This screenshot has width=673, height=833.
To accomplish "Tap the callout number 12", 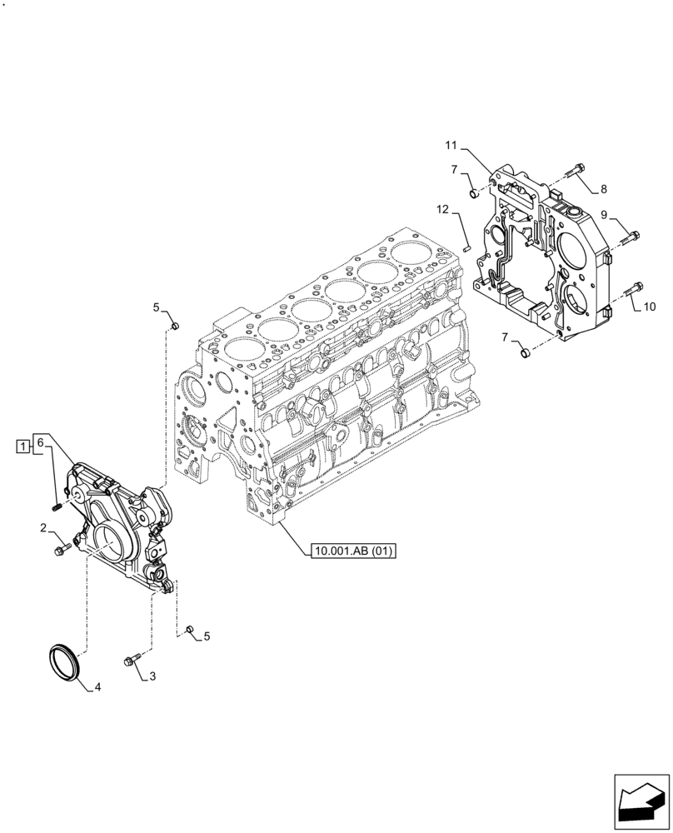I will [x=443, y=209].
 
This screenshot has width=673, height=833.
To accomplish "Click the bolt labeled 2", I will [x=63, y=550].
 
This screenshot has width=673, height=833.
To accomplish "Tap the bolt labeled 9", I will [x=630, y=240].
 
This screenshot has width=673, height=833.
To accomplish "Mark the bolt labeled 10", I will [x=631, y=288].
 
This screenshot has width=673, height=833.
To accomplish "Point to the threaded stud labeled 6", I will [x=56, y=505].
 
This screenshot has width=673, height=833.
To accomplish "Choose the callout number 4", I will [x=97, y=687].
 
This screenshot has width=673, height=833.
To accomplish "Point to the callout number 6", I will [x=38, y=444].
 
